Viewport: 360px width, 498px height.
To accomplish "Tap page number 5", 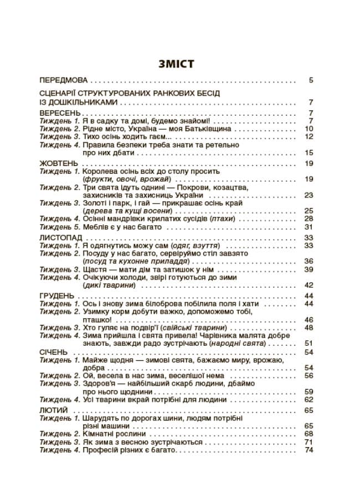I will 311,80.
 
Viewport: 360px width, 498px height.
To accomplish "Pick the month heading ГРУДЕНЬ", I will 58,296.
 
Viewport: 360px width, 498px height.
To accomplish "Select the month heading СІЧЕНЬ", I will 54,352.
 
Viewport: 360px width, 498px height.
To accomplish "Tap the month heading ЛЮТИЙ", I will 54,410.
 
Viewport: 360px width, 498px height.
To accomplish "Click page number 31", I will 309,226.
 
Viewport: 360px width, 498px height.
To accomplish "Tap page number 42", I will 309,285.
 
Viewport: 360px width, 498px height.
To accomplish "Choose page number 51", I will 309,343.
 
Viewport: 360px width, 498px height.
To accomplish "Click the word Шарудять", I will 101,418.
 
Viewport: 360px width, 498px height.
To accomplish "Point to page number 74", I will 309,450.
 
